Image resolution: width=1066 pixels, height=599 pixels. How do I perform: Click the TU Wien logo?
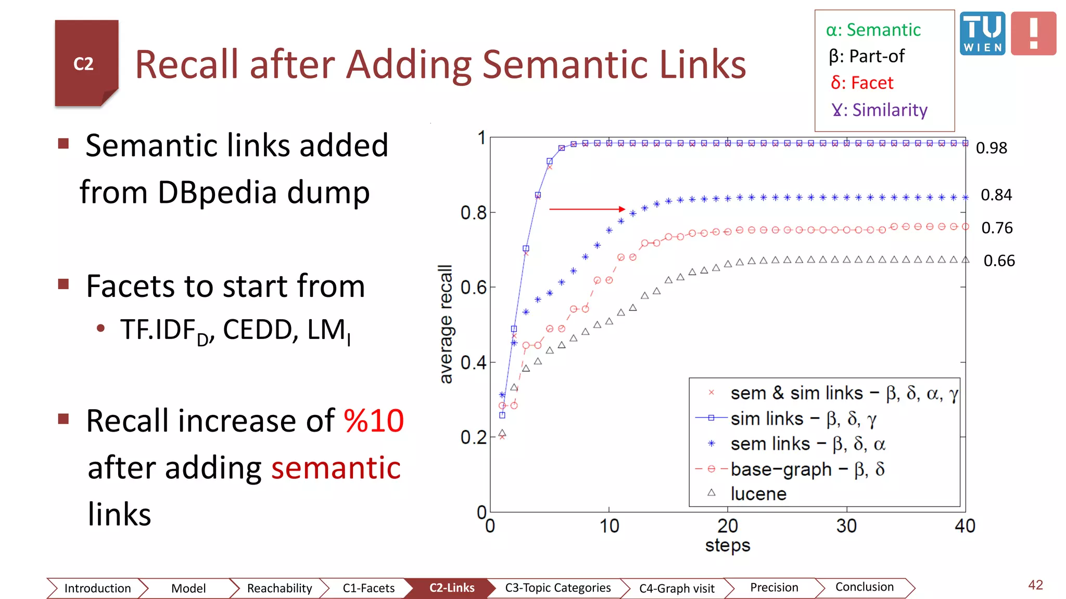coord(982,33)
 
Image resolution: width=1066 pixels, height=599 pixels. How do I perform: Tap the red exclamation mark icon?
coord(1034,34)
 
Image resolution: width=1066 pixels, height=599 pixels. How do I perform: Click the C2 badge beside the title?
coord(86,63)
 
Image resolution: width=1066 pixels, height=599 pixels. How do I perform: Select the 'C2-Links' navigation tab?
coord(451,588)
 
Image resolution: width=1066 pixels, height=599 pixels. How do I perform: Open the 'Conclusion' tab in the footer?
coord(864,587)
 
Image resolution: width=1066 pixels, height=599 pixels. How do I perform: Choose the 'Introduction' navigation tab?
coord(97,588)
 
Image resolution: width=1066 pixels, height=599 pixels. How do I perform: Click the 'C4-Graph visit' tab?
coord(677,588)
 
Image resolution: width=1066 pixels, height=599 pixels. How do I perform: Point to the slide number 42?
coord(1035,585)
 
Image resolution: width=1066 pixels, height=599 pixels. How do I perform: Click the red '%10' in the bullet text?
coord(374,421)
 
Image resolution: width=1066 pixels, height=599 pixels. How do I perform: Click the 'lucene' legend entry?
coord(758,493)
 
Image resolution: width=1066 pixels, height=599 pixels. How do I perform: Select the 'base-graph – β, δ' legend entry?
coord(807,469)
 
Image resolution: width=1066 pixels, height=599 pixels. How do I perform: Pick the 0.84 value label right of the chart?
coord(996,195)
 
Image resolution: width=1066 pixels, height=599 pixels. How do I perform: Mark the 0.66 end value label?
coord(999,261)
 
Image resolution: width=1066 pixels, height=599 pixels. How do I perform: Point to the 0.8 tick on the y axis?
coord(473,213)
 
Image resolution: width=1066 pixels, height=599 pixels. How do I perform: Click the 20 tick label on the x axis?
coord(728,526)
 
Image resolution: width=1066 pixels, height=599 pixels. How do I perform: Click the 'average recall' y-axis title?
coord(446,324)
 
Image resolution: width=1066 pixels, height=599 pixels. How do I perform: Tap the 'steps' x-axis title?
coord(728,545)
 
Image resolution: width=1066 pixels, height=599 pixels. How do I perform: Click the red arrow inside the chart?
coord(587,209)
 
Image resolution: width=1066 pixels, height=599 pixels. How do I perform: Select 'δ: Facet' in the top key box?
coord(862,83)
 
